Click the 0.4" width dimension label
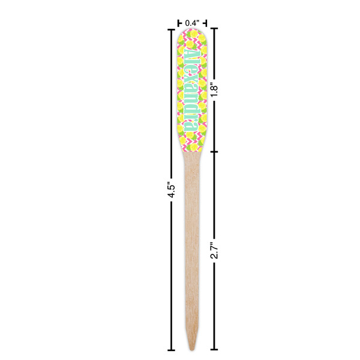192,23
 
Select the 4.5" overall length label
171,190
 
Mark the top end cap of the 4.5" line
171,28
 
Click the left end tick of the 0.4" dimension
179,23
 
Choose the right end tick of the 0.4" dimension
205,23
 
